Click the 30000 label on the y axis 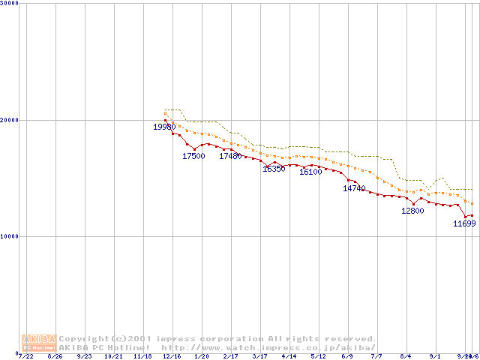10,3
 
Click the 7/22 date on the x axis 26,356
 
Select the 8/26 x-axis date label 55,356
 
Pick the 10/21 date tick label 113,356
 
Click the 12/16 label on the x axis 172,356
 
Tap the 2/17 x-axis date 230,356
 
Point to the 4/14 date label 289,356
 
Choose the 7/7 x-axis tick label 376,356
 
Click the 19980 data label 164,127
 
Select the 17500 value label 193,156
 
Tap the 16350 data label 274,169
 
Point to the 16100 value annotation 310,172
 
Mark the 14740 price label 354,188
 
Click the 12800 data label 412,211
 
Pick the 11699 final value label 464,223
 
